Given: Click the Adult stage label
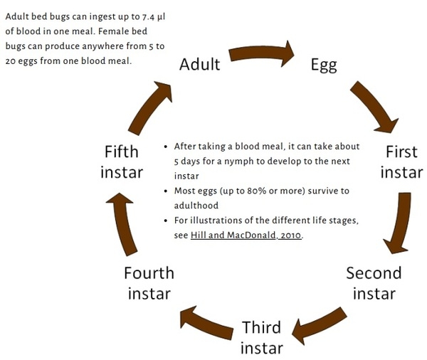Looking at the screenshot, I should pyautogui.click(x=199, y=64).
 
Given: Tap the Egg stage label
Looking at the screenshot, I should pyautogui.click(x=324, y=65).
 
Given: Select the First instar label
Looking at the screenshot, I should pyautogui.click(x=401, y=162).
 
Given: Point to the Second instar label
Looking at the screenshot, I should pyautogui.click(x=374, y=282).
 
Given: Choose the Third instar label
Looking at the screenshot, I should pyautogui.click(x=261, y=337).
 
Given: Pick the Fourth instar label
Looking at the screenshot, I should pyautogui.click(x=149, y=282).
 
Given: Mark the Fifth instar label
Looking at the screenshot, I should pyautogui.click(x=122, y=162).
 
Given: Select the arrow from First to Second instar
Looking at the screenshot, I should pyautogui.click(x=400, y=223).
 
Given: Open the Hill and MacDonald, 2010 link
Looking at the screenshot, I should pyautogui.click(x=246, y=235).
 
